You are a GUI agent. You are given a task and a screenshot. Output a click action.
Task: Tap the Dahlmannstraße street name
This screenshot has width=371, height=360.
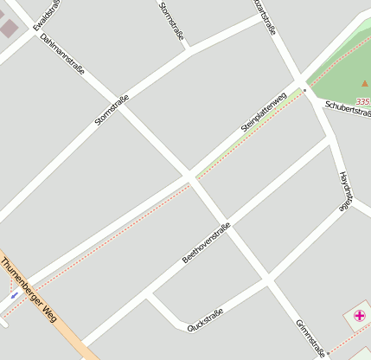point(62,53)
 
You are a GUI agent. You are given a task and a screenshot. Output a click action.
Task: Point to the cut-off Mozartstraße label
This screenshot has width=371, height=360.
point(265,16)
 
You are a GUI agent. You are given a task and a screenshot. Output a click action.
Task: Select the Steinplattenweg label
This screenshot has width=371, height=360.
point(264,113)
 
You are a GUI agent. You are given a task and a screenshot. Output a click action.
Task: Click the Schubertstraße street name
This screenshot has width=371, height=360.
point(348,110)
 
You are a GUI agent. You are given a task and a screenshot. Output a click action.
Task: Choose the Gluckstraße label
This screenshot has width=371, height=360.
point(206,318)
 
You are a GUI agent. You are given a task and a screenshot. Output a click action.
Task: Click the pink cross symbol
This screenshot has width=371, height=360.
point(359,316)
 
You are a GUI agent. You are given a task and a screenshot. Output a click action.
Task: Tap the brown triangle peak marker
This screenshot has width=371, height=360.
point(365,84)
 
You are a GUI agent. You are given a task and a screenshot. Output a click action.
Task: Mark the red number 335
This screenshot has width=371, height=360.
point(363,101)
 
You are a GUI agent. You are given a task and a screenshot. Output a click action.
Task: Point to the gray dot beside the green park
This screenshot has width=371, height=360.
point(304,90)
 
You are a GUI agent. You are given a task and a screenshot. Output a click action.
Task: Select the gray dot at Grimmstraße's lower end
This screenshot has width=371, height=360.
point(327,353)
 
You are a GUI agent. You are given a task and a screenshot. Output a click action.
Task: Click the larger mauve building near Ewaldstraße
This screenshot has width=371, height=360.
point(9,28)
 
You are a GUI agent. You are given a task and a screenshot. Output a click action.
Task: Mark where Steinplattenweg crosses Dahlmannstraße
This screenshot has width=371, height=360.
point(189,177)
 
